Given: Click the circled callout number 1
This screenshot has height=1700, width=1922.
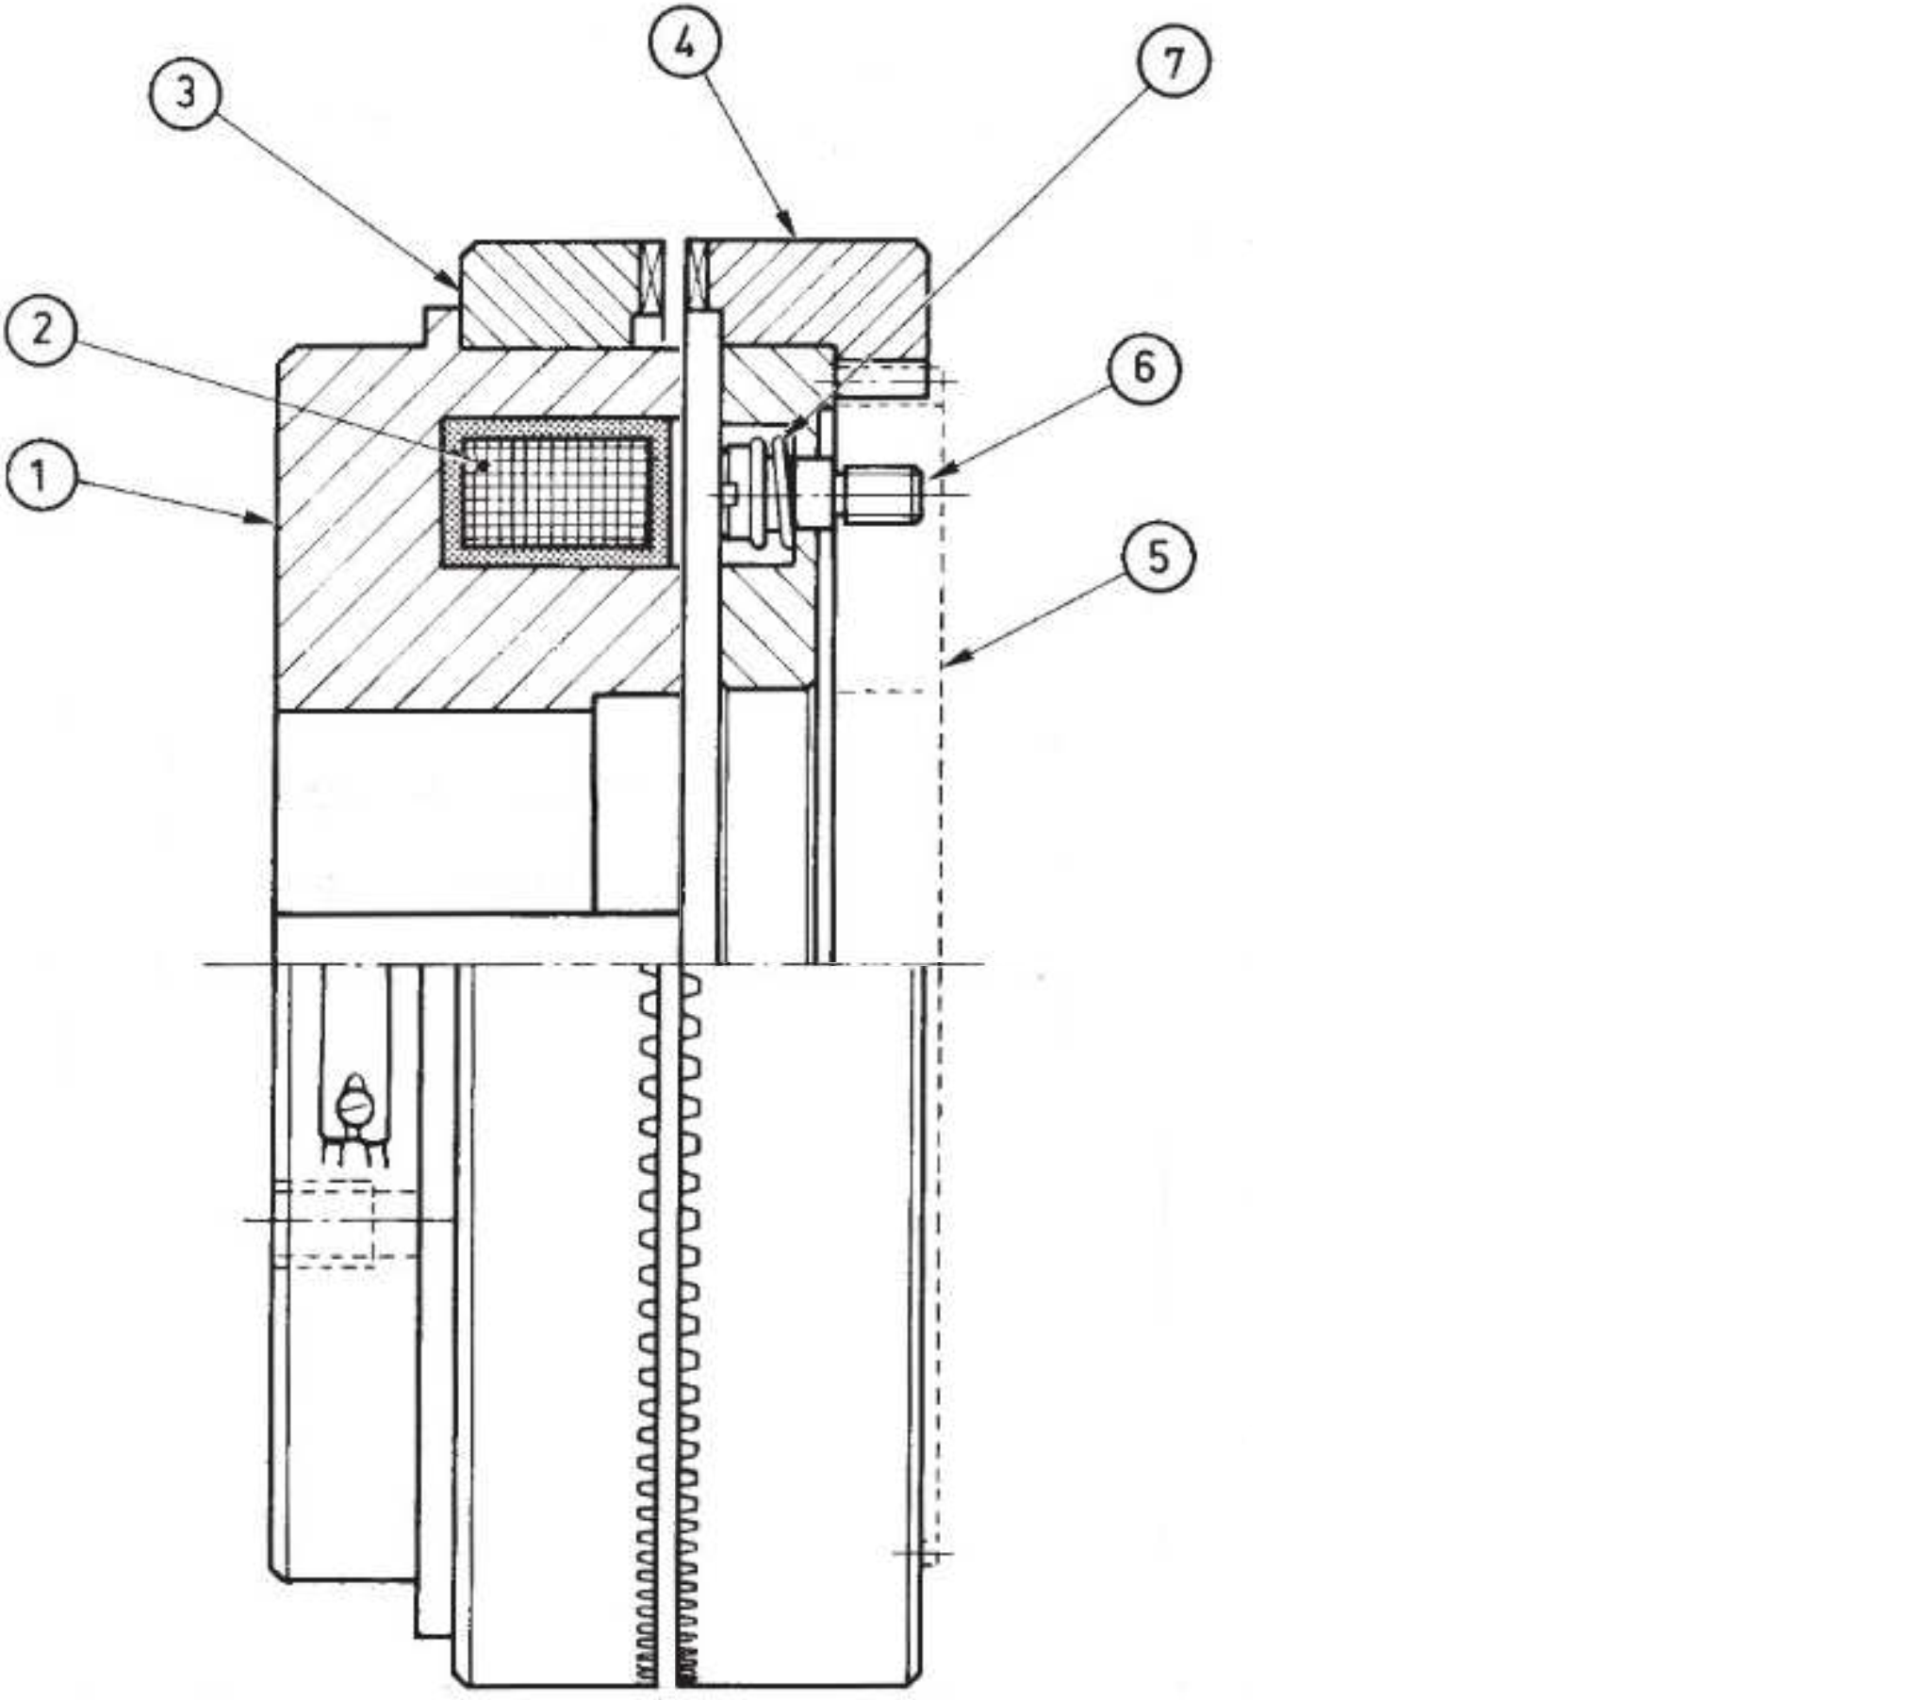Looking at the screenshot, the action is (40, 477).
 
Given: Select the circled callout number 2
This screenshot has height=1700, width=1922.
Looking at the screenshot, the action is (40, 330).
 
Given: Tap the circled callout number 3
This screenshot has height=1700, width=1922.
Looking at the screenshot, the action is (186, 93).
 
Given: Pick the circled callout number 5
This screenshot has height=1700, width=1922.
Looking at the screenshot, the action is (1158, 557).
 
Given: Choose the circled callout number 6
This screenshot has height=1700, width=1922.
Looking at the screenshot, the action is (1144, 368).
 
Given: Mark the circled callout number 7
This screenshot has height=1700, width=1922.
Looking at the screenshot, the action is (1174, 62).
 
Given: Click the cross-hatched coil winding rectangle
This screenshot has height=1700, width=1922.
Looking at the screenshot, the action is (557, 491).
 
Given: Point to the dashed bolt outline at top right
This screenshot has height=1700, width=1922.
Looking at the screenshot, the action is (886, 383).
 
